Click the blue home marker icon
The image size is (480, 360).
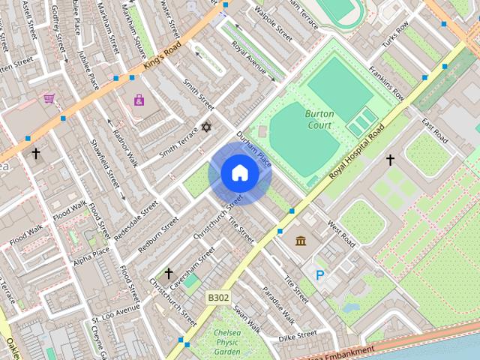239,173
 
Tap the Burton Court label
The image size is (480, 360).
320,119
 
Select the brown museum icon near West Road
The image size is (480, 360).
300,240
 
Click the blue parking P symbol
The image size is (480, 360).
320,275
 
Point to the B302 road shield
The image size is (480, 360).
218,298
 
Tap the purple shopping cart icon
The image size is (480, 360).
49,98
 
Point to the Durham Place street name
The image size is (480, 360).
253,148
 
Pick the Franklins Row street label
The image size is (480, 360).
386,84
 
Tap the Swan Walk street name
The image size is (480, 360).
246,318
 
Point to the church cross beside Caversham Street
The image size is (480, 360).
169,273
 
